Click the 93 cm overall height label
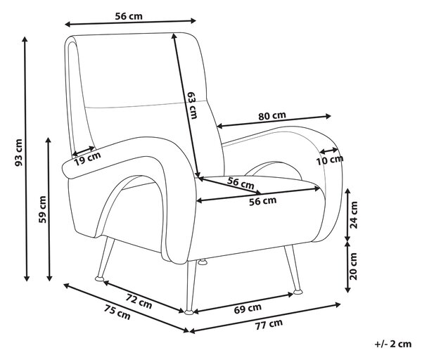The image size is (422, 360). [18, 153]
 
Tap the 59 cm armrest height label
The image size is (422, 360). [42, 210]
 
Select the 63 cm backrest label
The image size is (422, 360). [193, 105]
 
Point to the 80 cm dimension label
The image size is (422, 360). [272, 116]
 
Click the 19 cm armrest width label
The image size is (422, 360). [87, 159]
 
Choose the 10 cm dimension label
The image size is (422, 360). [329, 160]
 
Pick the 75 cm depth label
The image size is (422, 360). [117, 312]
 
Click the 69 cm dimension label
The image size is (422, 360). [248, 309]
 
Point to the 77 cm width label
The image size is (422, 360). [269, 324]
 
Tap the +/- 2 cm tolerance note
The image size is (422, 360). [393, 344]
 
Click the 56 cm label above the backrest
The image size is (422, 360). [129, 16]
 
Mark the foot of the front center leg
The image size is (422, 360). [189, 312]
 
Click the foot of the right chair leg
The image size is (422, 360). [298, 292]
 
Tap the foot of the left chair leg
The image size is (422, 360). [99, 278]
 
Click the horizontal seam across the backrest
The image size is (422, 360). [147, 105]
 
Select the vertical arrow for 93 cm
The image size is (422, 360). [25, 159]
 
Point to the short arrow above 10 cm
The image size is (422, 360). [328, 150]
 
